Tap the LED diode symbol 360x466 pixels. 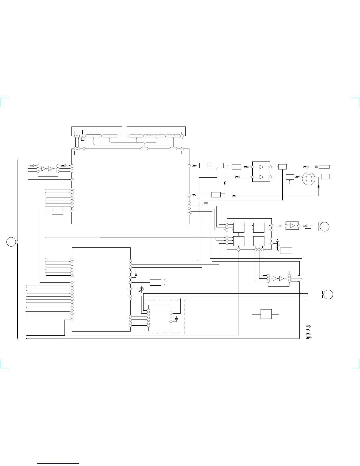point(142,289)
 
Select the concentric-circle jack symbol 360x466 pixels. point(316,167)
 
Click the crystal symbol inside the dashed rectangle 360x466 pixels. point(176,319)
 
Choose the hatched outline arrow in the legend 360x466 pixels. point(309,326)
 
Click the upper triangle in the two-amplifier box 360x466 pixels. point(261,167)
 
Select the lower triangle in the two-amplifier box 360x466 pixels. point(261,177)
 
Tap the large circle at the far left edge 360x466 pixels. point(11,242)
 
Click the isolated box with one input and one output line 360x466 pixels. point(266,314)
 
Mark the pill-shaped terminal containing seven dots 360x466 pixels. point(154,136)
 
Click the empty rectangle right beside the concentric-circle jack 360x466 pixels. point(324,167)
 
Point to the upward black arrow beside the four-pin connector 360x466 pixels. point(319,187)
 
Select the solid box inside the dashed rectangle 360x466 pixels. point(159,318)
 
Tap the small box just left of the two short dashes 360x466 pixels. point(156,282)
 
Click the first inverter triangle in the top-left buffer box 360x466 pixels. point(44,169)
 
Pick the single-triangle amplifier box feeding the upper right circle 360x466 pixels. point(292,226)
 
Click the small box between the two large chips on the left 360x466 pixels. point(57,211)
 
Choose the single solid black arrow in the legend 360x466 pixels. point(309,330)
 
